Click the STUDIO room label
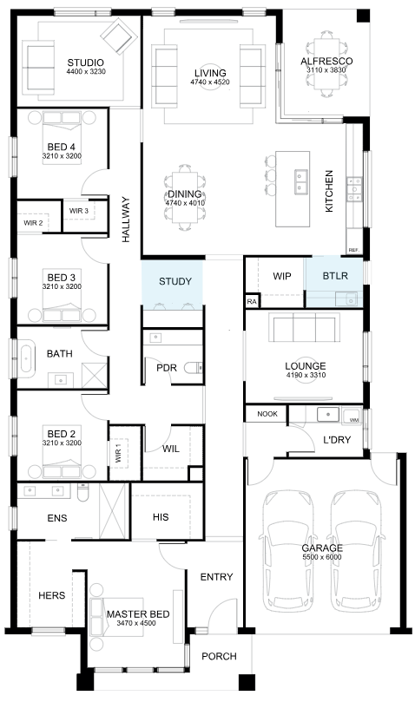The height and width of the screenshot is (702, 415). [x=86, y=62]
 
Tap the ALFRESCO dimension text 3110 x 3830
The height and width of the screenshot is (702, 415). [x=326, y=69]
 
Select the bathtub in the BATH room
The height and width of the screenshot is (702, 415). [x=27, y=357]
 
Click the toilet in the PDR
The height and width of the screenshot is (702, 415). [x=194, y=367]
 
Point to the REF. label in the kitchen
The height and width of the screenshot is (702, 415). [x=353, y=250]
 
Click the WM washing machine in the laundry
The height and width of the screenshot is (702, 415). [x=352, y=417]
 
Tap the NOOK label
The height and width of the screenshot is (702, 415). [x=267, y=414]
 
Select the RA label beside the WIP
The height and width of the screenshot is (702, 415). [x=252, y=302]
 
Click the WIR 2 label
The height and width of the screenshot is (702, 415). [x=33, y=222]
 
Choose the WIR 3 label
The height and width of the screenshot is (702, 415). [x=79, y=210]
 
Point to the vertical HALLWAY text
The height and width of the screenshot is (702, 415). [x=126, y=220]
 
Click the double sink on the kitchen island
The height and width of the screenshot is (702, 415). [x=300, y=180]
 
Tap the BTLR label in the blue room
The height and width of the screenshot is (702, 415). [x=335, y=276]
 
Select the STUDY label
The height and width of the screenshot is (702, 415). [x=175, y=281]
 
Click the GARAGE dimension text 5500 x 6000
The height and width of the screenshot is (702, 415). [x=322, y=557]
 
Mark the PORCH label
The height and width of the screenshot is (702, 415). [x=219, y=656]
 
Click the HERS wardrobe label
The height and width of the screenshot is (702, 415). [x=51, y=595]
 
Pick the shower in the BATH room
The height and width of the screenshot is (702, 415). [x=95, y=375]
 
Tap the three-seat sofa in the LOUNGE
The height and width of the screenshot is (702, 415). [x=304, y=327]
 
